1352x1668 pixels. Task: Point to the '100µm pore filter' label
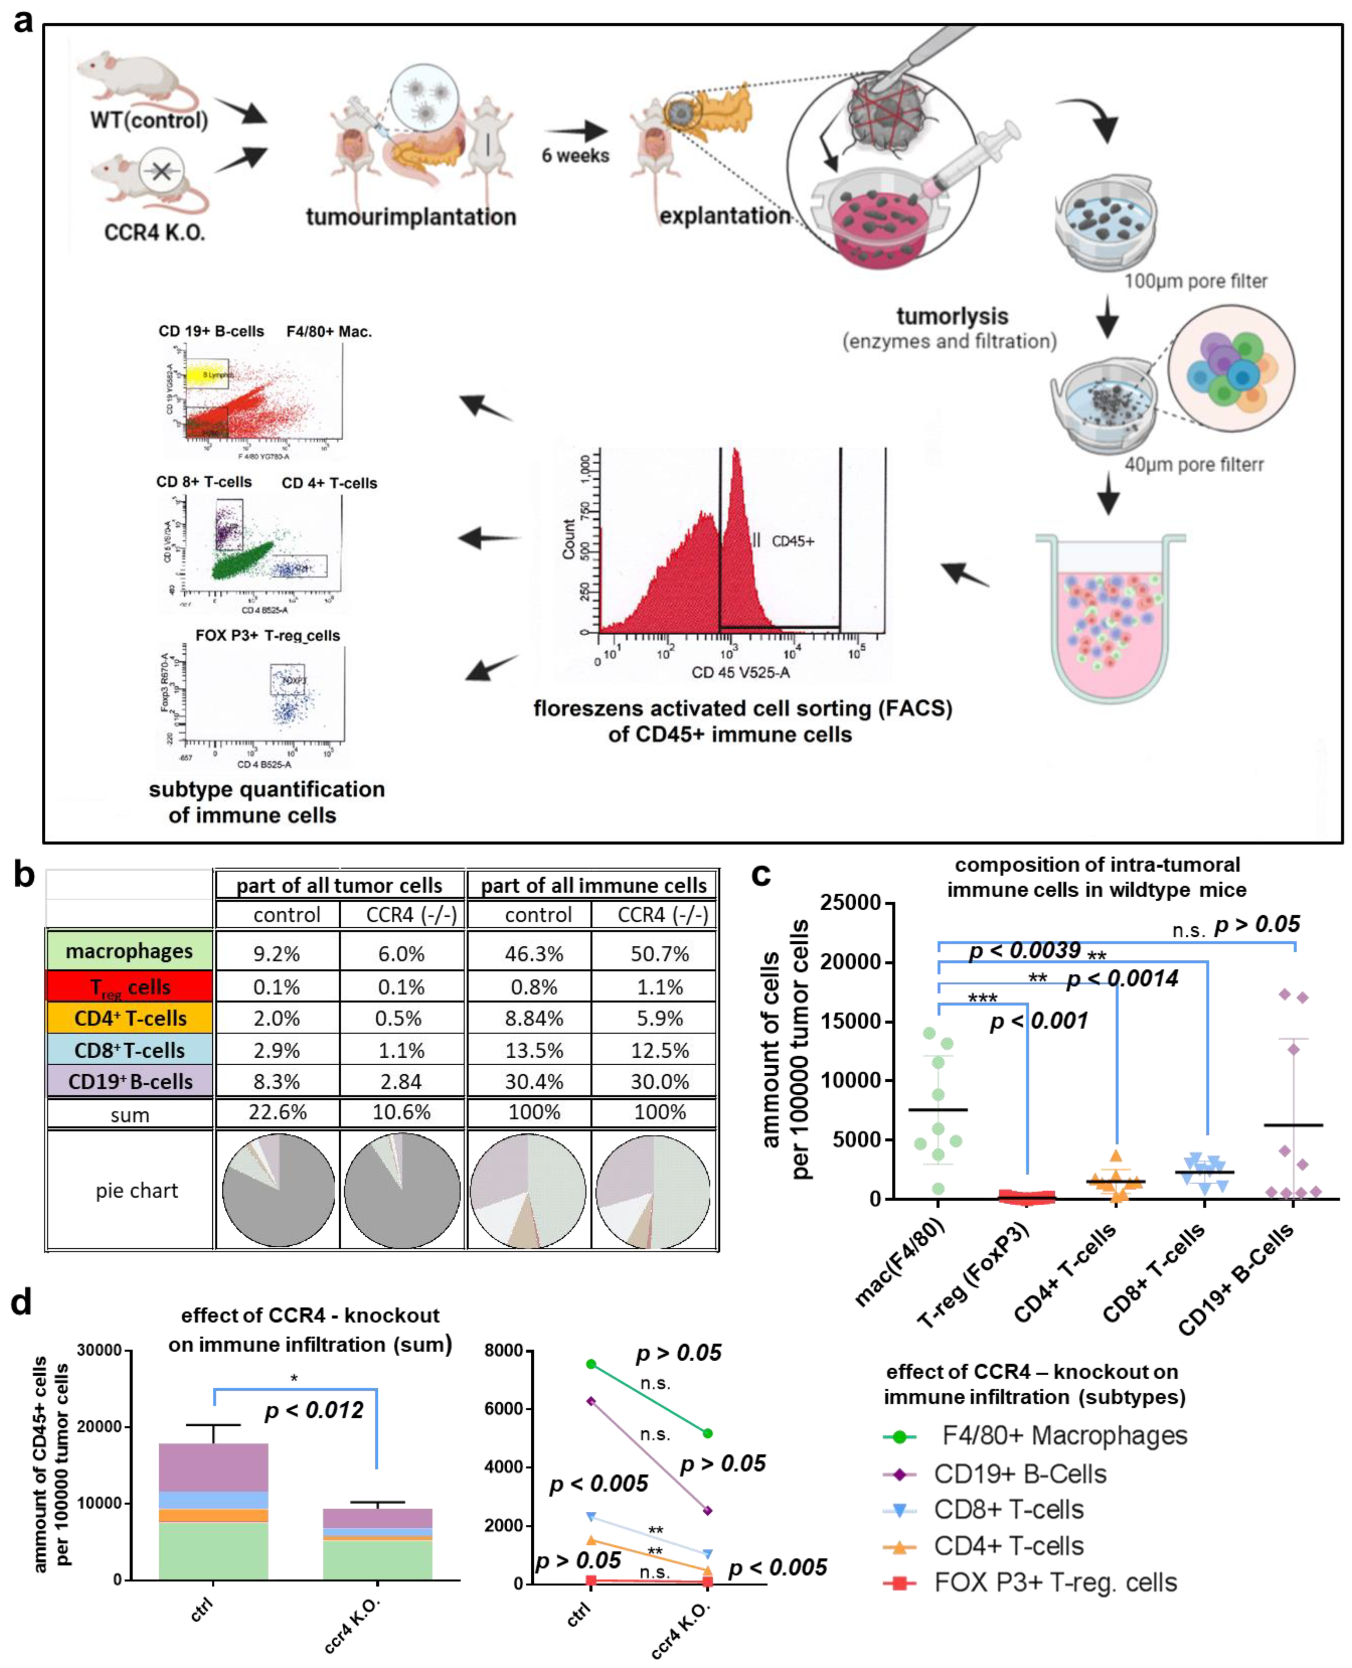pyautogui.click(x=1195, y=281)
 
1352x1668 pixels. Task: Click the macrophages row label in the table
pyautogui.click(x=129, y=951)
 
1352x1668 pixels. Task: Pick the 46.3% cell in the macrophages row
pyautogui.click(x=534, y=954)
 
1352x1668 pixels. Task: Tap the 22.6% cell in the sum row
pyautogui.click(x=277, y=1113)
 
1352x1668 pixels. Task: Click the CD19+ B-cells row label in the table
pyautogui.click(x=129, y=1081)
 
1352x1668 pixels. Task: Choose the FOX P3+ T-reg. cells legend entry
pyautogui.click(x=1055, y=1583)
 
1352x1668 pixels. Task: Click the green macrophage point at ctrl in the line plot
pyautogui.click(x=591, y=1364)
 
